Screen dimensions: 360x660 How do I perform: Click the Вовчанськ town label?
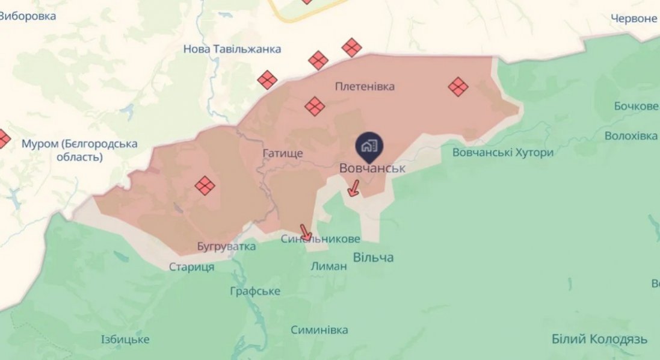[372, 169]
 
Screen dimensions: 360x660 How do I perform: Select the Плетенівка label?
[365, 87]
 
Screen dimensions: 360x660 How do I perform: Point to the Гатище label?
[282, 154]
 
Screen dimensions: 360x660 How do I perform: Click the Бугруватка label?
[226, 246]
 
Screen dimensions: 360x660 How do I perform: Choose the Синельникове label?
[321, 239]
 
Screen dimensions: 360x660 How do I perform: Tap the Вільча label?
[373, 258]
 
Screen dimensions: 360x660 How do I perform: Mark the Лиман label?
[329, 266]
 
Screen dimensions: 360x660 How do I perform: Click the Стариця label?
[191, 267]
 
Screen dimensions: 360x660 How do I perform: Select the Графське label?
[255, 291]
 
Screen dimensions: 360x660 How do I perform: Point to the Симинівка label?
[319, 330]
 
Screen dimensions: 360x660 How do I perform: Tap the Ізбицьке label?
[125, 340]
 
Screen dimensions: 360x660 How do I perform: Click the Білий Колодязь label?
[599, 338]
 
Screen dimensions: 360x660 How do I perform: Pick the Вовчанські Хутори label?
[502, 152]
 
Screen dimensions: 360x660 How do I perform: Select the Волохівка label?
[631, 135]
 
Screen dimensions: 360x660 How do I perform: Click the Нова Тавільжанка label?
[232, 49]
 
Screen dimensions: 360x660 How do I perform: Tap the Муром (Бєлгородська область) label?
[79, 151]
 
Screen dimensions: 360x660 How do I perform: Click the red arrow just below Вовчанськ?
[354, 190]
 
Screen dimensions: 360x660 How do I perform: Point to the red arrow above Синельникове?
[306, 232]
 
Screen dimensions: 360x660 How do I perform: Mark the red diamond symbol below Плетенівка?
[314, 107]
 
